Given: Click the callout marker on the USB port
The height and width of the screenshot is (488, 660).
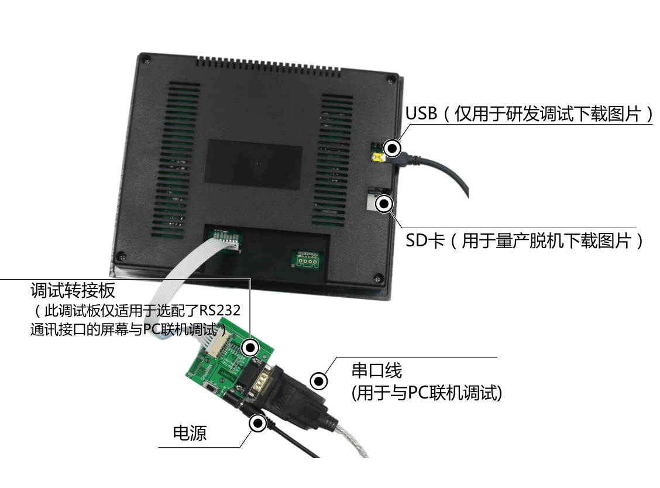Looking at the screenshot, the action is [392, 148].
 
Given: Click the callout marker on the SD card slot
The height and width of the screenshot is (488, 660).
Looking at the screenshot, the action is [384, 204].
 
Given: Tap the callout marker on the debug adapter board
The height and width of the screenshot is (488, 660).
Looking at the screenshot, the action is [250, 348].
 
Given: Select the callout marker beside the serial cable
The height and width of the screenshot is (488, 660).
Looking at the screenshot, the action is [319, 381].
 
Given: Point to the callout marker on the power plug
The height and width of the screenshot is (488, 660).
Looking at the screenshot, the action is [257, 423].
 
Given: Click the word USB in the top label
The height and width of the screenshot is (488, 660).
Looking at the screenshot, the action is [421, 114].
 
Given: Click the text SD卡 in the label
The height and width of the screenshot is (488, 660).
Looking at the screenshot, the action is [425, 241].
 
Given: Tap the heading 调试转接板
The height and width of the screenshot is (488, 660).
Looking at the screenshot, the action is [73, 291].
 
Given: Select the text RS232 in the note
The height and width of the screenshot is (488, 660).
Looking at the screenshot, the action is [219, 311].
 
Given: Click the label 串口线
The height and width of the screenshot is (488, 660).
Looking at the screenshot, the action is [377, 370].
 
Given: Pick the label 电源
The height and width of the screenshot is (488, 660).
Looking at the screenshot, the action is [190, 433].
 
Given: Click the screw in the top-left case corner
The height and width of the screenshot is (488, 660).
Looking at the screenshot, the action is [147, 61].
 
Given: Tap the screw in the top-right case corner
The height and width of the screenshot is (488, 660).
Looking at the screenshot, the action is [391, 79].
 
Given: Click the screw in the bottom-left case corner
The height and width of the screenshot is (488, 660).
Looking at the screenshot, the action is [121, 255].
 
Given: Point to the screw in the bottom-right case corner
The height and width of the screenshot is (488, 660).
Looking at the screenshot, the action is [379, 278].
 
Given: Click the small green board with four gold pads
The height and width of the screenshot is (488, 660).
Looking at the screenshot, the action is [308, 259].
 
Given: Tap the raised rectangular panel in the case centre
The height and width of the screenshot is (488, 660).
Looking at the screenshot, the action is [253, 164].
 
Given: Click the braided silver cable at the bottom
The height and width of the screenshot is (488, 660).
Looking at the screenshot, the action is [353, 441].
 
